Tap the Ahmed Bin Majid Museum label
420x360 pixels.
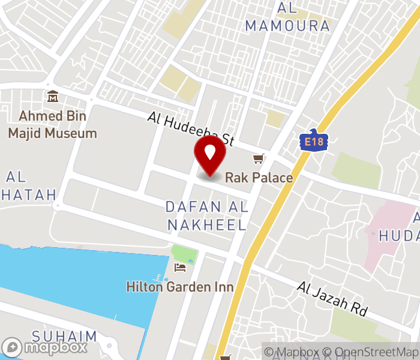53,125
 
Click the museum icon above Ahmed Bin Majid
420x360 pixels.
53,97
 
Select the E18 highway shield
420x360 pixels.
309,142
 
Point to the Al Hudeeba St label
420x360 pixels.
190,130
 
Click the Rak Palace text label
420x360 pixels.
259,178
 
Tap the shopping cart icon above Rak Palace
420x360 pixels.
259,159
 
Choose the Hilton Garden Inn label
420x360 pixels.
180,287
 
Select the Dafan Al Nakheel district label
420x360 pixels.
207,216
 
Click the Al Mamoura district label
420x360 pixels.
288,17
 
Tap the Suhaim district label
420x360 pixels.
64,335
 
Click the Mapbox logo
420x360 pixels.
45,347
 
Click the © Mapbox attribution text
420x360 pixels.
292,352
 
